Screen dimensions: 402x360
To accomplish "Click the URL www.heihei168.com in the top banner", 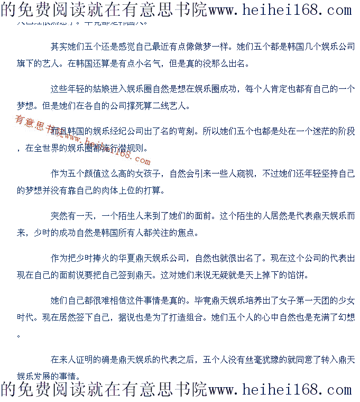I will click(280, 10).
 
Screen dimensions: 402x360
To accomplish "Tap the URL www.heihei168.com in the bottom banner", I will click(280, 390).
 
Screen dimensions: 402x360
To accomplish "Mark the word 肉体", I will click(123, 190).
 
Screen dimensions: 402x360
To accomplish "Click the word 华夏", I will click(135, 258).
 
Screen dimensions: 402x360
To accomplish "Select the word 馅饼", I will click(296, 275).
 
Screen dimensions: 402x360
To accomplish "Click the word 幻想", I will click(347, 317).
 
